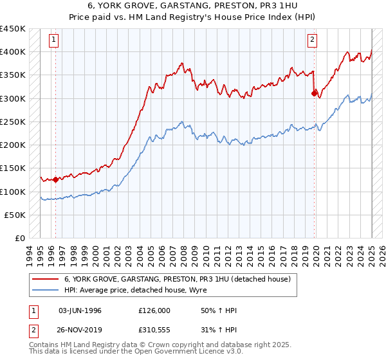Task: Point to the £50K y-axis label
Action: click(x=15, y=215)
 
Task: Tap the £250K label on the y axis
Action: click(x=12, y=122)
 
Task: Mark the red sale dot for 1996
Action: click(x=55, y=180)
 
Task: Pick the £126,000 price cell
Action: click(x=154, y=310)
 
